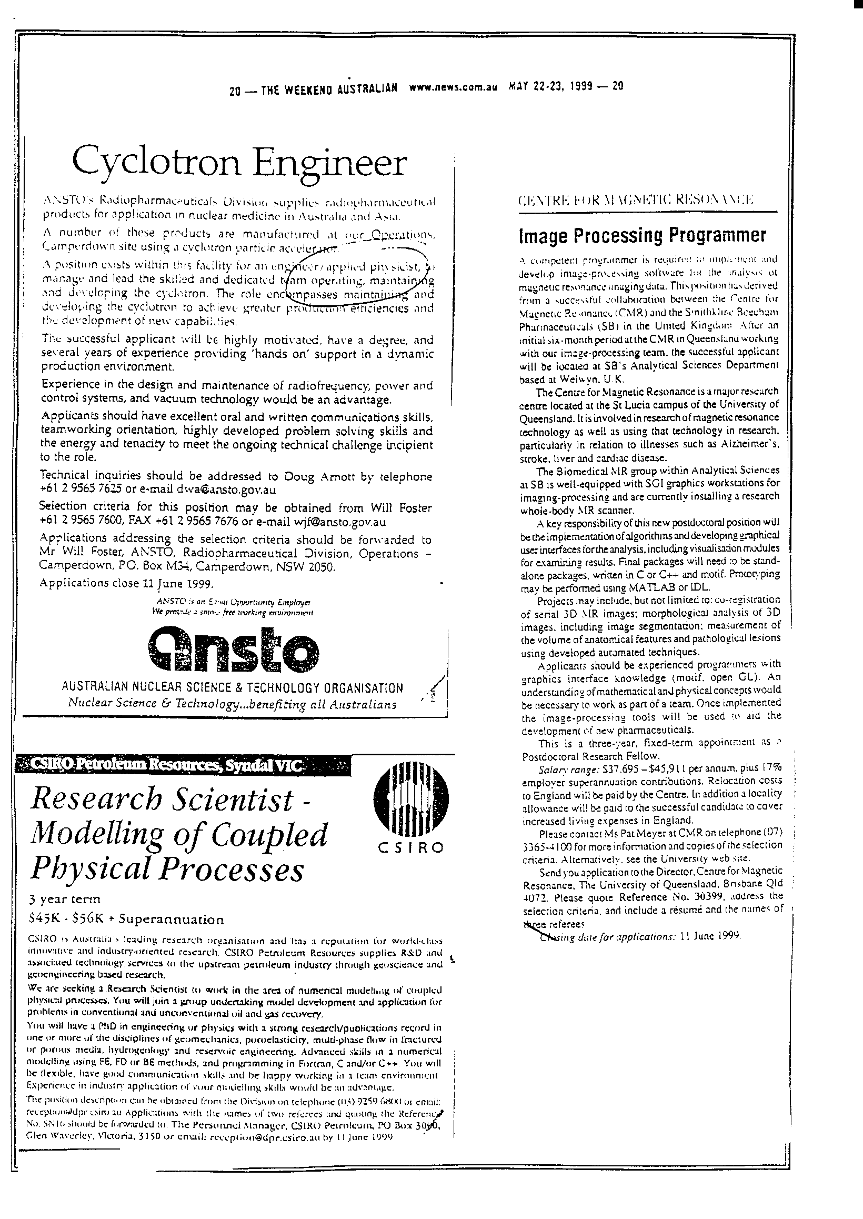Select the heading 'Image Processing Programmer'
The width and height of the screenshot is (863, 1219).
coord(643,235)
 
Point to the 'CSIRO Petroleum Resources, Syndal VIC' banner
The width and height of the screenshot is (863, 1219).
coord(184,765)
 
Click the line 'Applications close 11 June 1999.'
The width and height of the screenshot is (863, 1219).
coord(127,583)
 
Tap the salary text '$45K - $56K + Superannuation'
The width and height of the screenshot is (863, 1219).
coord(127,920)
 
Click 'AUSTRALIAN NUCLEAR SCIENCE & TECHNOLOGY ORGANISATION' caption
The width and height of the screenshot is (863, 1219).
coord(232,688)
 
